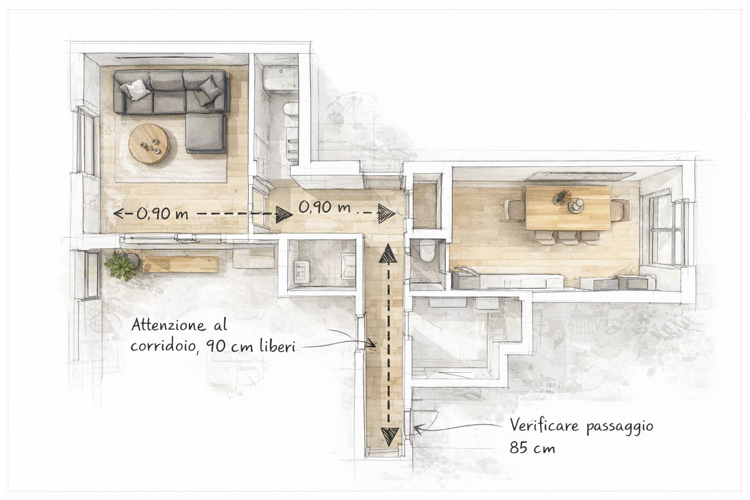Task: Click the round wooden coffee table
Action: tap(149, 143)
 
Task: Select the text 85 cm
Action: tap(532, 447)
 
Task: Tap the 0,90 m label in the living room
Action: tap(162, 214)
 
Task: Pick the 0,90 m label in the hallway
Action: tap(324, 207)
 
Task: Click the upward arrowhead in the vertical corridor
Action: tap(388, 253)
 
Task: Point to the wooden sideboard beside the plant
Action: tap(180, 264)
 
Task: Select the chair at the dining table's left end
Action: tap(513, 210)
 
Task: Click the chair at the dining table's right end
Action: tap(621, 210)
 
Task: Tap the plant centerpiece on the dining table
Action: tap(561, 197)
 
